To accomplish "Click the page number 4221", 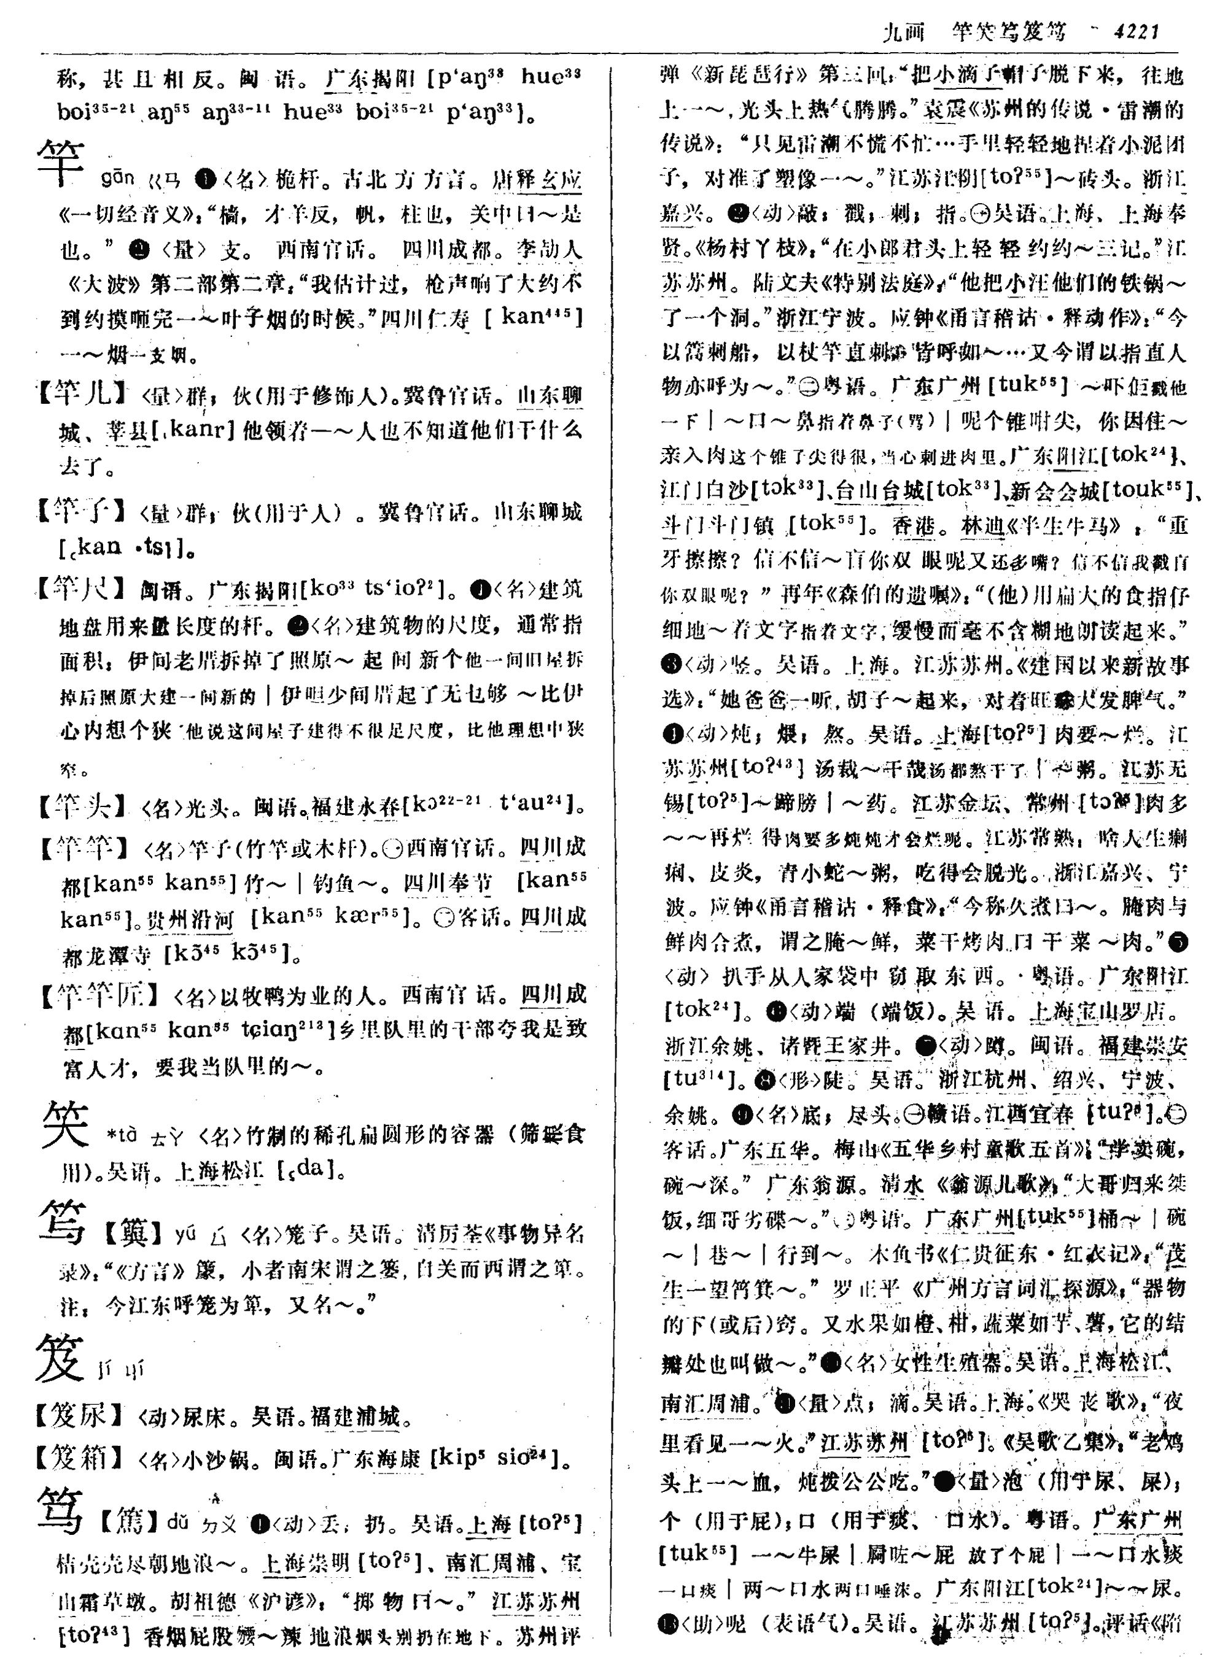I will [x=1136, y=31].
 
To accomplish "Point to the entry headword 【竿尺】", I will [x=82, y=589].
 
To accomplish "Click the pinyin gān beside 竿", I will [x=117, y=179].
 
